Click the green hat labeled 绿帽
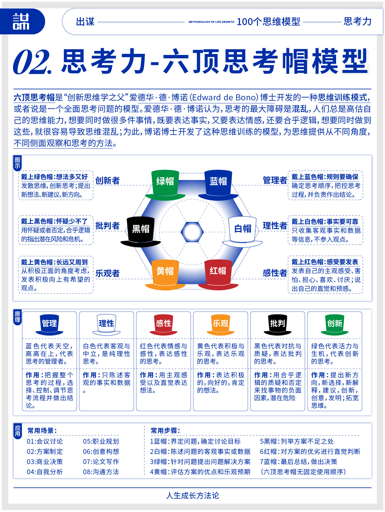[165, 185]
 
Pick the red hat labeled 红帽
[218, 274]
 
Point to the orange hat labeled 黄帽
[165, 274]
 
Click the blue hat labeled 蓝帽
[218, 185]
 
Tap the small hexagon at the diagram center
[192, 232]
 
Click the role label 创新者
[107, 180]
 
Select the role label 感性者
[275, 273]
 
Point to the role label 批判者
[107, 226]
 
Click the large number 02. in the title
[32, 62]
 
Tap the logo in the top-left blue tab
[21, 22]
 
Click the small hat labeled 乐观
[220, 325]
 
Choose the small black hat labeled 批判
[278, 325]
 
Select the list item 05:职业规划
[101, 441]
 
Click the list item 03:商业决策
[45, 462]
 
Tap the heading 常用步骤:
[165, 431]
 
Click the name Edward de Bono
[224, 98]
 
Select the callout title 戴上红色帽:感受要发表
[325, 262]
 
